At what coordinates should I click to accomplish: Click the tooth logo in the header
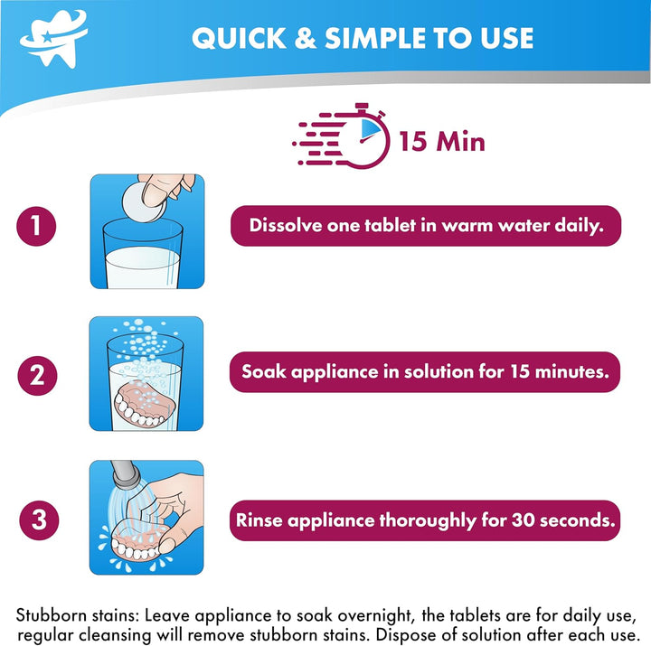click(55, 37)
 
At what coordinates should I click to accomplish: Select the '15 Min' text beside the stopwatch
click(440, 141)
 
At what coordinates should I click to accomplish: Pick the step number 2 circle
click(37, 372)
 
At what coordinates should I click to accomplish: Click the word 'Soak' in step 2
click(263, 371)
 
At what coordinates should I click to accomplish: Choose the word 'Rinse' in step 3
click(263, 520)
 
